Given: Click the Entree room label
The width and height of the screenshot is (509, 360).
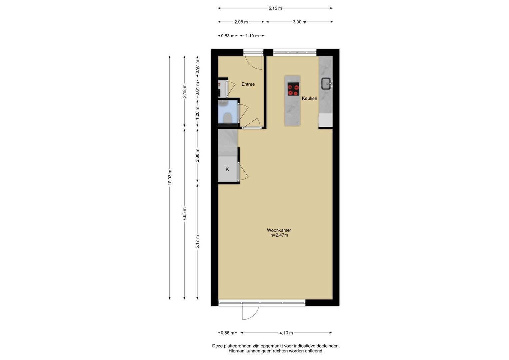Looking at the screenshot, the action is pyautogui.click(x=248, y=84).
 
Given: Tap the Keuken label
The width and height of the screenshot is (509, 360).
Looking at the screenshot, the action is pyautogui.click(x=309, y=98).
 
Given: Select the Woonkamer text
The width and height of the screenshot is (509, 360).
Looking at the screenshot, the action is pyautogui.click(x=279, y=230).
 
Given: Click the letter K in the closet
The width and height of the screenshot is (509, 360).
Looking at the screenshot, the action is pyautogui.click(x=227, y=169).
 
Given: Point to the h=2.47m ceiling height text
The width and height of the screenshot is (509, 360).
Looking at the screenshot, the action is pyautogui.click(x=279, y=235).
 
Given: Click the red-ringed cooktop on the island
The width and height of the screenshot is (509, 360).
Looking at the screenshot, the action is pyautogui.click(x=293, y=89).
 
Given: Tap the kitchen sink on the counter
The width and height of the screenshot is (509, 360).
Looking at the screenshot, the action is pyautogui.click(x=326, y=84).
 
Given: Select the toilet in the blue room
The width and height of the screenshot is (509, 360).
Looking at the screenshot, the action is pyautogui.click(x=227, y=118).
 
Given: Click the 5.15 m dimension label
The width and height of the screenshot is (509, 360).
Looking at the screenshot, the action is pyautogui.click(x=275, y=8).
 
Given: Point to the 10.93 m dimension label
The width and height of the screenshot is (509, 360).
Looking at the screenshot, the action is pyautogui.click(x=170, y=177).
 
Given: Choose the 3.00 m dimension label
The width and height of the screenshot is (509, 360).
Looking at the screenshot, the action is pyautogui.click(x=299, y=22).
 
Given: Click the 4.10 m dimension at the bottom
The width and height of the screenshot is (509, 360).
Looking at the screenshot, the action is pyautogui.click(x=286, y=333).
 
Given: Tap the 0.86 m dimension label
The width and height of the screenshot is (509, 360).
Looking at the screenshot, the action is pyautogui.click(x=227, y=333).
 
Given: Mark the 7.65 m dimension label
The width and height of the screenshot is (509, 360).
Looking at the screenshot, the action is pyautogui.click(x=184, y=214).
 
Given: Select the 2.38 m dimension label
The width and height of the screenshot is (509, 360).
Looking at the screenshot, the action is pyautogui.click(x=197, y=155).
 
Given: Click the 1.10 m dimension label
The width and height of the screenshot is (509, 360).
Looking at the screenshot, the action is pyautogui.click(x=252, y=36).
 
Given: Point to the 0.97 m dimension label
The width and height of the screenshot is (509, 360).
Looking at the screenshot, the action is pyautogui.click(x=197, y=66).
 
